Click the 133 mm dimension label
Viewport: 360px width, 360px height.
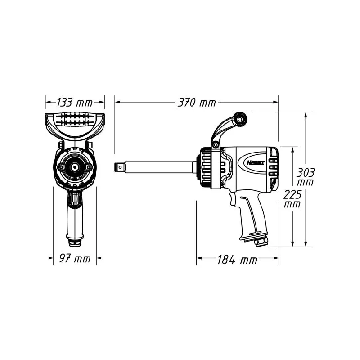click(x=74, y=103)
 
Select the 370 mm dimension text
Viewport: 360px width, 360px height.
click(x=197, y=103)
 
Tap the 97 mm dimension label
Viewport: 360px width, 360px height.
click(x=75, y=258)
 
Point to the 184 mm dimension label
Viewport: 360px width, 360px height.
click(x=238, y=260)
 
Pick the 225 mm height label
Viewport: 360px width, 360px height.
click(x=292, y=199)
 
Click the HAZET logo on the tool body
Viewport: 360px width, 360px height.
click(x=256, y=163)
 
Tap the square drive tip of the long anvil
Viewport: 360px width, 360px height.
click(x=119, y=167)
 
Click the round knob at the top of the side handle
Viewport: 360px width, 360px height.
click(x=240, y=119)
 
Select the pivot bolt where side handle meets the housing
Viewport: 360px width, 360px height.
click(x=216, y=145)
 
